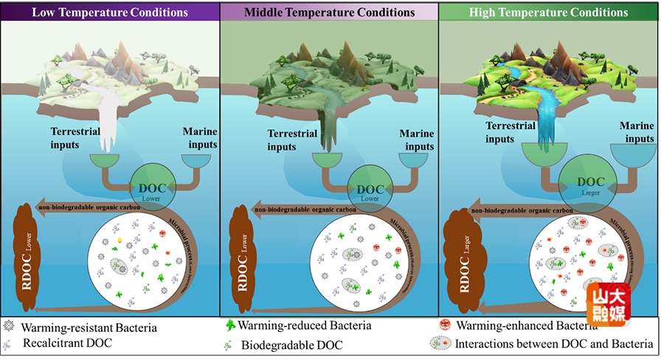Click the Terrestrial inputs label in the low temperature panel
click(75, 138)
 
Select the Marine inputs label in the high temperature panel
click(636, 132)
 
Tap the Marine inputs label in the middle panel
click(416, 140)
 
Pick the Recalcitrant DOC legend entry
click(66, 344)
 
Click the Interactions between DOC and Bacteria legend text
click(553, 344)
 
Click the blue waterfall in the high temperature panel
click(545, 118)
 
